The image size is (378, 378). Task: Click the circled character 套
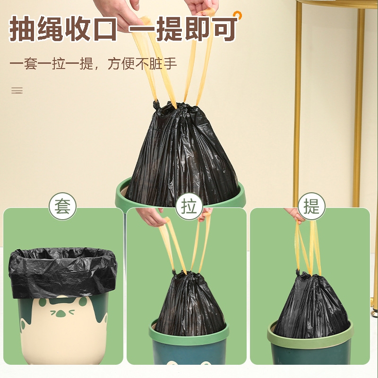pos(63,206)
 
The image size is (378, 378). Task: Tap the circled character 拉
pos(189,206)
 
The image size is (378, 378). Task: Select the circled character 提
pos(311,206)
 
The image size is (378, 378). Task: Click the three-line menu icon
pos(17,90)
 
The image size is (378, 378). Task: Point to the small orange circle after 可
pos(238,15)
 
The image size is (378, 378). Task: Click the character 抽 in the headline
pos(22,28)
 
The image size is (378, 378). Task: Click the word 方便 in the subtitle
pos(121,64)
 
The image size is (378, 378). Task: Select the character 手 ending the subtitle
pos(171,64)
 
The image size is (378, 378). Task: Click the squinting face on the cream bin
pos(62,312)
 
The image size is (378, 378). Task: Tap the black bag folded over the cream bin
pos(63,273)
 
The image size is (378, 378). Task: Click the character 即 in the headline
pos(198,28)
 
